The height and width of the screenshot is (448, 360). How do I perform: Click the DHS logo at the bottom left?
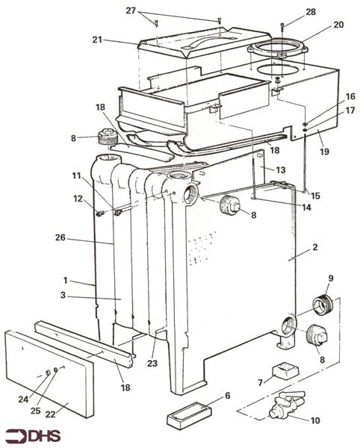pyautogui.click(x=33, y=436)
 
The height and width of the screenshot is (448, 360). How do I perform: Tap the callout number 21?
pyautogui.click(x=97, y=40)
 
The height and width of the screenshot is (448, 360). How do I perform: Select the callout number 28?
pyautogui.click(x=311, y=12)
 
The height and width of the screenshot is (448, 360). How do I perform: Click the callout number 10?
pyautogui.click(x=315, y=420)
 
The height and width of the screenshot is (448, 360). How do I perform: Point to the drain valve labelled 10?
pyautogui.click(x=287, y=403)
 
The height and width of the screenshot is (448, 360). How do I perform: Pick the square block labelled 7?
pyautogui.click(x=285, y=370)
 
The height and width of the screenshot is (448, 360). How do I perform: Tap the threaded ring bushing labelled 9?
pyautogui.click(x=323, y=305)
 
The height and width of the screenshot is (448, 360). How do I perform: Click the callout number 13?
pyautogui.click(x=281, y=170)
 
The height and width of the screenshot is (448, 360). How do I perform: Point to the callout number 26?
pyautogui.click(x=60, y=237)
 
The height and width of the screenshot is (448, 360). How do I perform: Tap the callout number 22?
pyautogui.click(x=51, y=414)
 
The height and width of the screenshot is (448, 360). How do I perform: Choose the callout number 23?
pyautogui.click(x=152, y=364)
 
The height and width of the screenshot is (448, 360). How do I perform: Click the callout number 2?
pyautogui.click(x=315, y=247)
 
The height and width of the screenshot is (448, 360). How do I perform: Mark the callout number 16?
pyautogui.click(x=350, y=96)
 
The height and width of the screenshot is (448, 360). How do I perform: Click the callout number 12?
pyautogui.click(x=78, y=199)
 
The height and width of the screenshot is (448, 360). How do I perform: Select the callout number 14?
pyautogui.click(x=306, y=207)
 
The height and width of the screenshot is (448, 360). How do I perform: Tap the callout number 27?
pyautogui.click(x=131, y=10)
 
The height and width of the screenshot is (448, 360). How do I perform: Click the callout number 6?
pyautogui.click(x=228, y=396)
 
